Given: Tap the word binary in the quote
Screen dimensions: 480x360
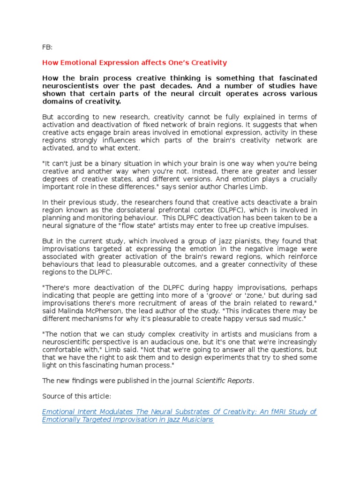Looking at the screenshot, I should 109,163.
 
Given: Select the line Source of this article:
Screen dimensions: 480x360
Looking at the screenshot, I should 77,396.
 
